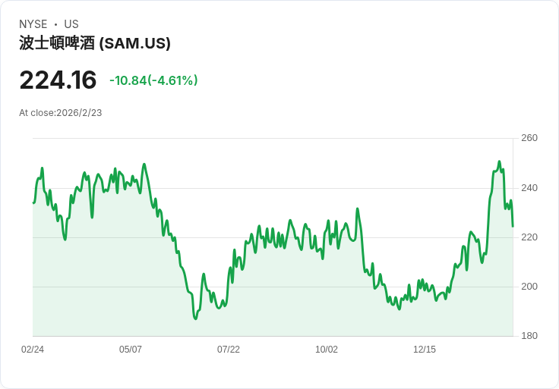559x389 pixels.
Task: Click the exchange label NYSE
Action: click(x=33, y=24)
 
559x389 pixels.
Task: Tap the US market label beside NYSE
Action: click(x=71, y=24)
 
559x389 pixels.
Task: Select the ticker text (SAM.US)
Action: click(x=134, y=43)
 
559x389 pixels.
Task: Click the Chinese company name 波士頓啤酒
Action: click(x=57, y=43)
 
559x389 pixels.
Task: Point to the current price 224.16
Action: click(x=58, y=80)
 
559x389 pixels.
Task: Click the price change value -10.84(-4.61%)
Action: click(x=153, y=80)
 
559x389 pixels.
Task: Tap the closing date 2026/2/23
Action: click(x=79, y=113)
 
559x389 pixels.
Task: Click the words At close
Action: click(x=36, y=113)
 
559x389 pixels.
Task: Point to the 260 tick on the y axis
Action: click(x=529, y=138)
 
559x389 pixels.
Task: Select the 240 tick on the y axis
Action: click(x=529, y=188)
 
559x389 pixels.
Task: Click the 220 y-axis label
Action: click(x=529, y=237)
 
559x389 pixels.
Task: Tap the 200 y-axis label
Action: click(x=529, y=287)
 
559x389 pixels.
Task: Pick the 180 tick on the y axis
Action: click(x=529, y=336)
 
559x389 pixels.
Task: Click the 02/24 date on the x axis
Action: click(x=33, y=350)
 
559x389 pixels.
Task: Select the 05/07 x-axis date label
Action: click(x=131, y=350)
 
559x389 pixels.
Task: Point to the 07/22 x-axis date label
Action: click(x=229, y=350)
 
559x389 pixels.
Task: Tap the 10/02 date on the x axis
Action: click(x=327, y=350)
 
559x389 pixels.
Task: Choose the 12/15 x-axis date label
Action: click(x=425, y=350)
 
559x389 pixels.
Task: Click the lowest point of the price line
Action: click(x=195, y=319)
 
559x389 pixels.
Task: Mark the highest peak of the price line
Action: click(x=499, y=162)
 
